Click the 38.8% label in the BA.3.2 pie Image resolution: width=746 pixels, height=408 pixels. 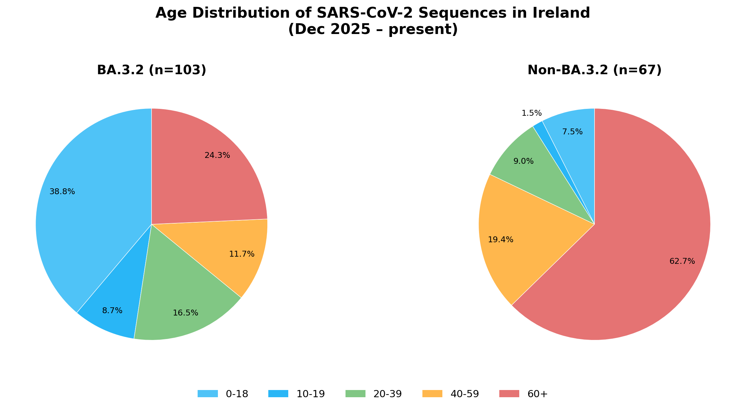(62, 192)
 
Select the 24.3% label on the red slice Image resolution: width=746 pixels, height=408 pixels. (217, 156)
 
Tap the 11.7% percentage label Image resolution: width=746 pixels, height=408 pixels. (242, 254)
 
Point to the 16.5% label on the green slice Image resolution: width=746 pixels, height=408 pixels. (186, 313)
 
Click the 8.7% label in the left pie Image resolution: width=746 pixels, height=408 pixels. (112, 311)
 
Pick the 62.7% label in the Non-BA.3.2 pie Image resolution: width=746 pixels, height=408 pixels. (682, 261)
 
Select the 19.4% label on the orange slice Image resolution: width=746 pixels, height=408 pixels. (501, 240)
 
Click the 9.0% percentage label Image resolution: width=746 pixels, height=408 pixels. (524, 161)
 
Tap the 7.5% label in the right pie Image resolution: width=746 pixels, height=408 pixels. (573, 132)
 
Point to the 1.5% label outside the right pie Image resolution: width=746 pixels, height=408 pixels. (532, 113)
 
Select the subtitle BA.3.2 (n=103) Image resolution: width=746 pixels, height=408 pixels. (151, 70)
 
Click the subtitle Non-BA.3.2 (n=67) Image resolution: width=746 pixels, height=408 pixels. (595, 70)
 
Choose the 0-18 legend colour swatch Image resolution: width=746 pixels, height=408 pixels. (208, 394)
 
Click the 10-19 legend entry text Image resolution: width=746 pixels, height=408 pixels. (311, 394)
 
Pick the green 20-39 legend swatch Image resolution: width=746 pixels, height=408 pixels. (356, 394)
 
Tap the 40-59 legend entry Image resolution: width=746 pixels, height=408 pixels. (465, 394)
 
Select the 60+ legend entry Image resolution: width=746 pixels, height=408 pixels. (537, 394)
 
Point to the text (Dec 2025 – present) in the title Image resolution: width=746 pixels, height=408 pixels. (373, 29)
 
